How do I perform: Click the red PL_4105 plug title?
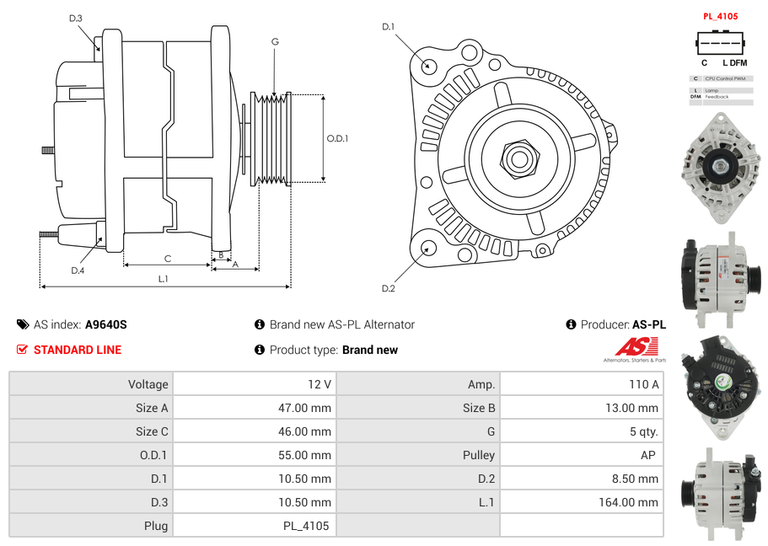(x=720, y=16)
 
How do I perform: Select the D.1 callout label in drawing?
(x=388, y=27)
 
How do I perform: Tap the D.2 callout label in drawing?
(x=388, y=289)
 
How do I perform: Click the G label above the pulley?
(x=275, y=41)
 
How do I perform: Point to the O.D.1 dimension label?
(x=337, y=138)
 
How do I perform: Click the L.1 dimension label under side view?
(x=163, y=278)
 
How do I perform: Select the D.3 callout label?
(x=76, y=18)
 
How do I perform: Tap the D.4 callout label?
(x=78, y=270)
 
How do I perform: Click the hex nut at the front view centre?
(x=518, y=157)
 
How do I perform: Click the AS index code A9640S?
(x=105, y=324)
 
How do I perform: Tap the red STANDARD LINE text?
(x=78, y=350)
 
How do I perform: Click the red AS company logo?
(x=636, y=346)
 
